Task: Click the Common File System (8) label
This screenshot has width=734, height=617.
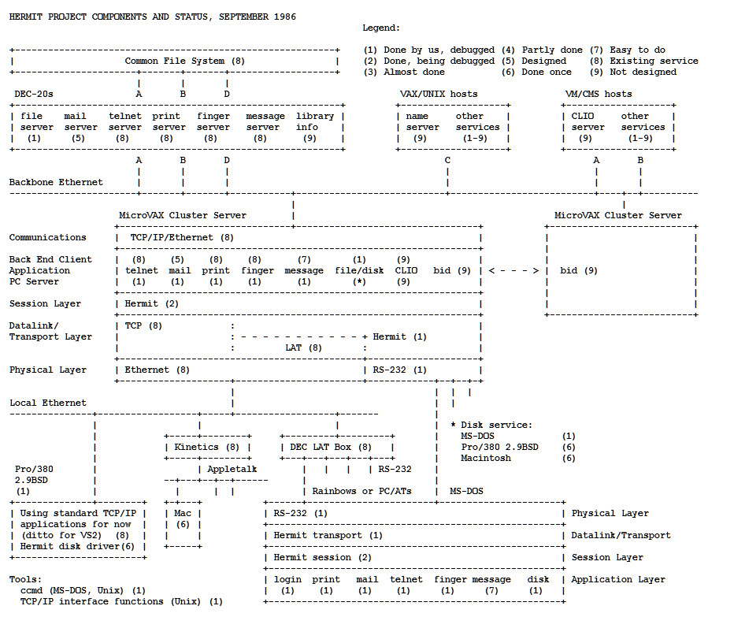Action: click(184, 61)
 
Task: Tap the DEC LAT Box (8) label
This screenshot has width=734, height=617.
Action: click(331, 447)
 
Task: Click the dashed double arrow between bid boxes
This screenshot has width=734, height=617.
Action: click(513, 270)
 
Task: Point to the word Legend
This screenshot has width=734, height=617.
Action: click(381, 28)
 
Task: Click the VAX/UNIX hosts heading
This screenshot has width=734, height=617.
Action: click(439, 94)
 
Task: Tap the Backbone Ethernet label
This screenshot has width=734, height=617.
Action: click(56, 182)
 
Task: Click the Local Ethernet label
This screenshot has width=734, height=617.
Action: click(48, 403)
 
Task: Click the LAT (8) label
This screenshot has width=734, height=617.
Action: click(303, 348)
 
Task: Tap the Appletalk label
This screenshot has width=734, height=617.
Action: click(232, 469)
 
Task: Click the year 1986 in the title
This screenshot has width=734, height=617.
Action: click(280, 17)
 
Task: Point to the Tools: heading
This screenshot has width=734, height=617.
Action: click(25, 579)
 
